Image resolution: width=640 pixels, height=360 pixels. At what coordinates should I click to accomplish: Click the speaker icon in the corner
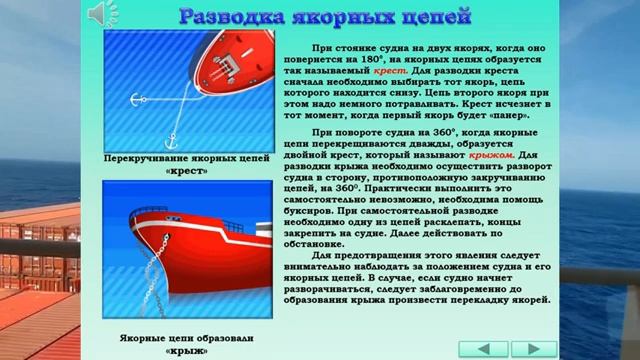[101, 12]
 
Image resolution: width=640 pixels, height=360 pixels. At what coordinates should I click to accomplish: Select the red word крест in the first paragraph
[391, 73]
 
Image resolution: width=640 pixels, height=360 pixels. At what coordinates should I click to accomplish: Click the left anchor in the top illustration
[133, 98]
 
